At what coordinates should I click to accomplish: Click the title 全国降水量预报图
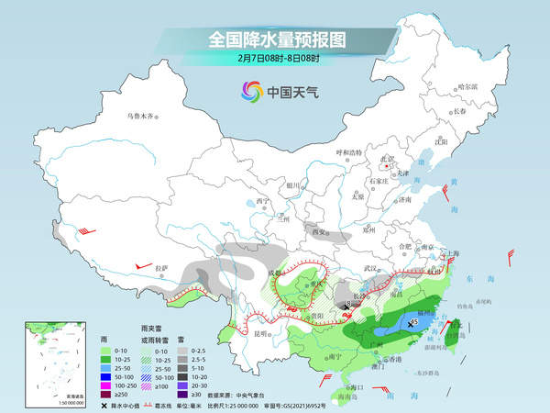pyautogui.click(x=275, y=39)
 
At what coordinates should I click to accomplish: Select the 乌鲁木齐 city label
pyautogui.click(x=141, y=116)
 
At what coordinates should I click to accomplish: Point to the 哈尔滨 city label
pyautogui.click(x=467, y=86)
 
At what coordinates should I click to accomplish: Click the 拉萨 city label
pyautogui.click(x=161, y=268)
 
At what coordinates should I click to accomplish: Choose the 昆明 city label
pyautogui.click(x=263, y=333)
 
